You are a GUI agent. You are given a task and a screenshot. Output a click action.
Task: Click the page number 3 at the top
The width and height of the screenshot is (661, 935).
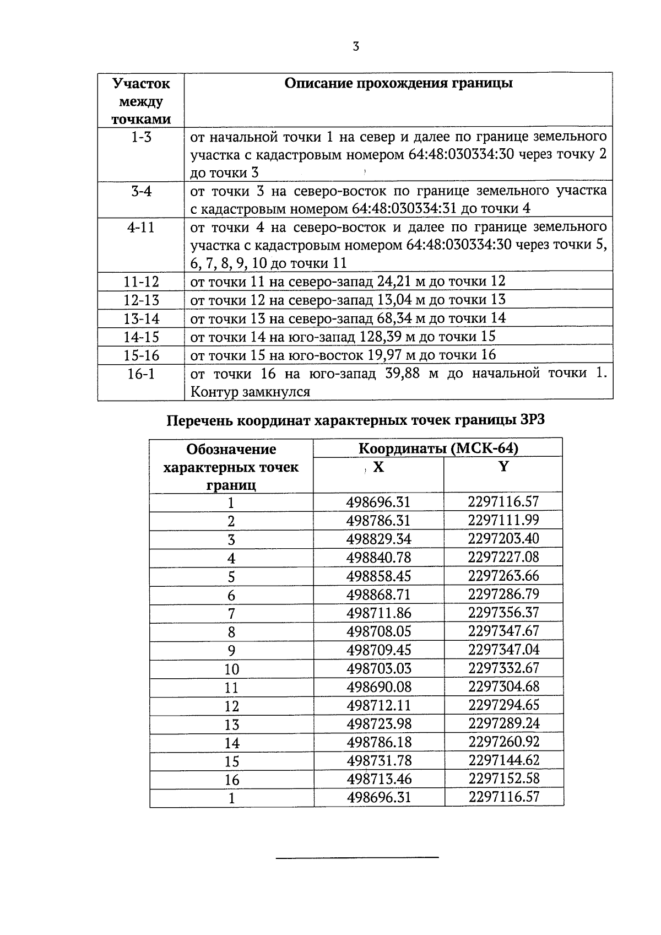pyautogui.click(x=356, y=47)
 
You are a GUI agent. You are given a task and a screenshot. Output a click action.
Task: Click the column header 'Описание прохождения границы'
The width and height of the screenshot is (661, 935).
pyautogui.click(x=398, y=83)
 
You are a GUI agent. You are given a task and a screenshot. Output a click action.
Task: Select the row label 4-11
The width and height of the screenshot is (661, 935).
pyautogui.click(x=141, y=228)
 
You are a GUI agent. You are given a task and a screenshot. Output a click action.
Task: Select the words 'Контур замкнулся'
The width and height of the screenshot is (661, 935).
pyautogui.click(x=250, y=392)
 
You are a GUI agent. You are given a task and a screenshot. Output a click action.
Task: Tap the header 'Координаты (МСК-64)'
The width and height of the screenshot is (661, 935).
pyautogui.click(x=438, y=448)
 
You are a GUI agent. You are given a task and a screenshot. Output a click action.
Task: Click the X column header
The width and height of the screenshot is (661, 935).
pyautogui.click(x=378, y=467)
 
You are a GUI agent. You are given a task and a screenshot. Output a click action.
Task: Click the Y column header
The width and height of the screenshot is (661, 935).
pyautogui.click(x=503, y=467)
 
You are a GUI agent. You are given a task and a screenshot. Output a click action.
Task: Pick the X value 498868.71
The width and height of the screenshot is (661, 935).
pyautogui.click(x=378, y=595)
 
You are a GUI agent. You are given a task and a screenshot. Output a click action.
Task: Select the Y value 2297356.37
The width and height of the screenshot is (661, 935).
pyautogui.click(x=503, y=613)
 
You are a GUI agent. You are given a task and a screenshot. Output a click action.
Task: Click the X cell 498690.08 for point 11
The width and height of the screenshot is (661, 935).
pyautogui.click(x=378, y=687)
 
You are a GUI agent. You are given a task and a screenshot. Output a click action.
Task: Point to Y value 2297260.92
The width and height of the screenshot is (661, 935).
pyautogui.click(x=503, y=742)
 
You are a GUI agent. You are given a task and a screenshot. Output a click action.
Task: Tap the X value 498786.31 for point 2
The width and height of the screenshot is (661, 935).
pyautogui.click(x=378, y=521)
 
